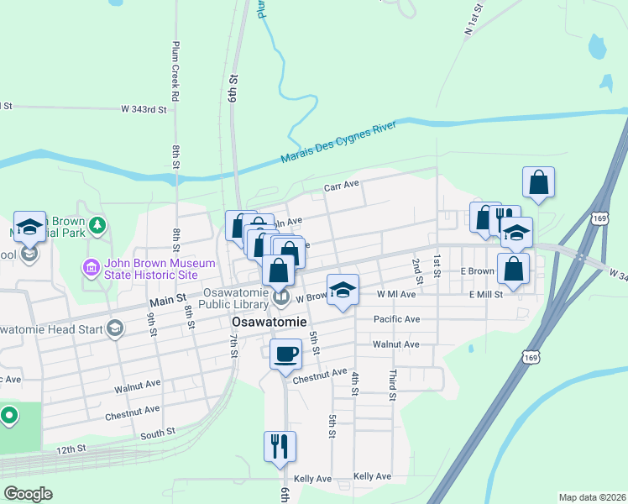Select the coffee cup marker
pos(285,354)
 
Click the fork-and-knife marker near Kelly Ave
pos(280,445)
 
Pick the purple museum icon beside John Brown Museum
pos(91,269)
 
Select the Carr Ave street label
pos(342,184)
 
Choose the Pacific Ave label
pos(396,319)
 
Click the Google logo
pos(28,494)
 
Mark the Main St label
pos(168,300)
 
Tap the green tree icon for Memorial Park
pos(98,225)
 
